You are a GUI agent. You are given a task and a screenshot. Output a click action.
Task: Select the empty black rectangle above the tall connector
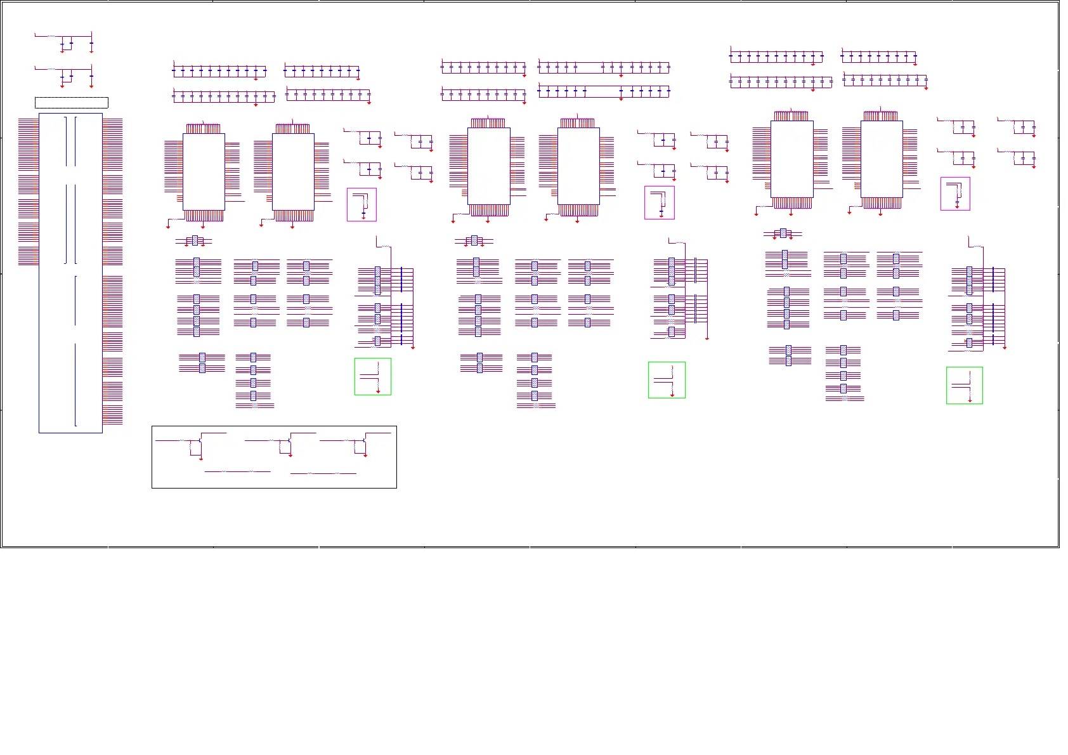coord(71,103)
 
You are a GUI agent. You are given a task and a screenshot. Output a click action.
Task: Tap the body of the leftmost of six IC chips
coord(204,171)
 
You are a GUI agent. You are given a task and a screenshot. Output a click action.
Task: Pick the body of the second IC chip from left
coord(293,171)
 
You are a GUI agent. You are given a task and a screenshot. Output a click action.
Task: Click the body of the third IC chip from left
coord(488,166)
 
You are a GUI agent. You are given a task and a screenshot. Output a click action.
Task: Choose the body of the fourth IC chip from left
coord(578,166)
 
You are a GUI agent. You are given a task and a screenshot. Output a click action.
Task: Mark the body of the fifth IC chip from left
coord(791,159)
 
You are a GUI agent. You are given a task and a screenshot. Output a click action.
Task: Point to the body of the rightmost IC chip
coord(882,159)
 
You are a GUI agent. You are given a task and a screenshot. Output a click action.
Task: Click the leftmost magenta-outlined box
coord(361,204)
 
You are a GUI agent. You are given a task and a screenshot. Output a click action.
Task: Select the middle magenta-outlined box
coord(659,202)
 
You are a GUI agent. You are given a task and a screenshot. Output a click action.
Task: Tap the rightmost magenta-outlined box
coord(955,194)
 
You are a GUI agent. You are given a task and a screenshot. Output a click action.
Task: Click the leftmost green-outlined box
coord(372,376)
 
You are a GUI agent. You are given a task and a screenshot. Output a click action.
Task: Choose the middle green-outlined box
coord(667,380)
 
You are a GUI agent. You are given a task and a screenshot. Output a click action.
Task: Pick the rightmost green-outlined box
coord(964,385)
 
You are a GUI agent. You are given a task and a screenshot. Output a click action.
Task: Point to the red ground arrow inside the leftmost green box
coord(379,391)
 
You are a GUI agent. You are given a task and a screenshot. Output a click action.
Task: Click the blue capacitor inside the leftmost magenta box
coord(363,212)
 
